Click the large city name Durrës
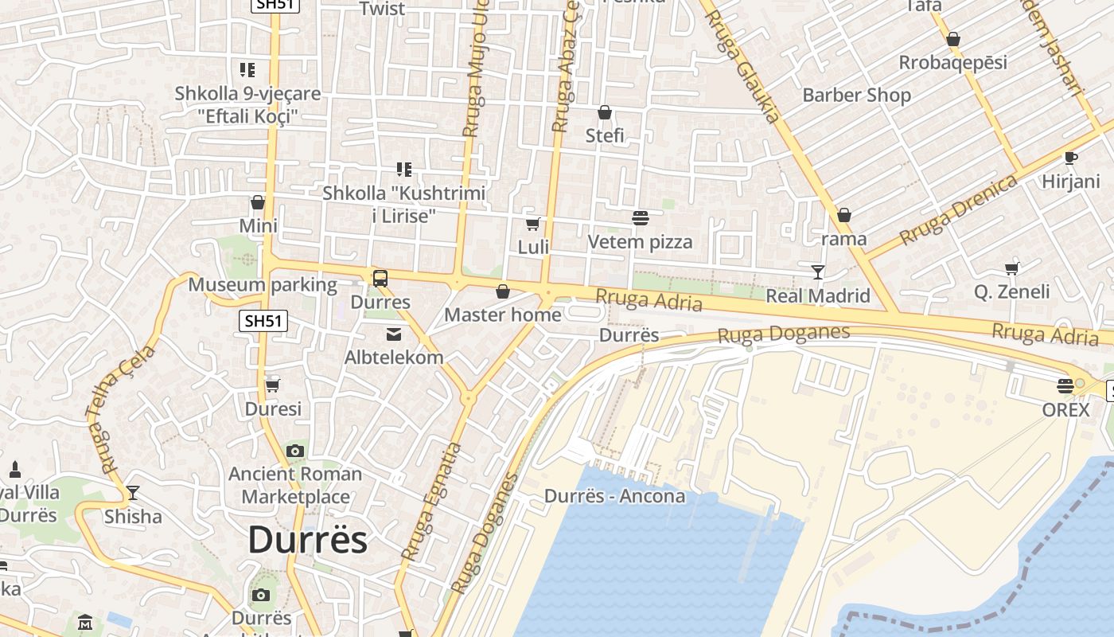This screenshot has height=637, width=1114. [307, 540]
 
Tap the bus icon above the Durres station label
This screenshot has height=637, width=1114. [380, 279]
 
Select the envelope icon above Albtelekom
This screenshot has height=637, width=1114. [394, 334]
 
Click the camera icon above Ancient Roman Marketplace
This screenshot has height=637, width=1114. [295, 451]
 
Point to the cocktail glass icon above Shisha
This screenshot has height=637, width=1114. [133, 493]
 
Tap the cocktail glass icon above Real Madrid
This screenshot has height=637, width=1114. [817, 272]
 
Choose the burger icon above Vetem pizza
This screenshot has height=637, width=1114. [640, 217]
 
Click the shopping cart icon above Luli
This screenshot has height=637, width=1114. [533, 224]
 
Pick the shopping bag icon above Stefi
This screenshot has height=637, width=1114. [605, 112]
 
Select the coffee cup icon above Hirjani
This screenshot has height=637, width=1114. [1070, 158]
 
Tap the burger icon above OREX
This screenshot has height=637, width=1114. [1065, 387]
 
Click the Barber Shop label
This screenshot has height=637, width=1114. [856, 95]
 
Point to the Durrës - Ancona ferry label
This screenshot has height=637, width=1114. [614, 496]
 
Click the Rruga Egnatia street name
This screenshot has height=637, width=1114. [430, 502]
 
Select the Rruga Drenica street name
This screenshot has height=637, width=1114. [959, 209]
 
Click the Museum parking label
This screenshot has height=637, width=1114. [263, 284]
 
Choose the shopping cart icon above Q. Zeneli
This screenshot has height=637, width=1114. [1011, 268]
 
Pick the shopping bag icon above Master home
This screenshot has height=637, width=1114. [502, 291]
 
